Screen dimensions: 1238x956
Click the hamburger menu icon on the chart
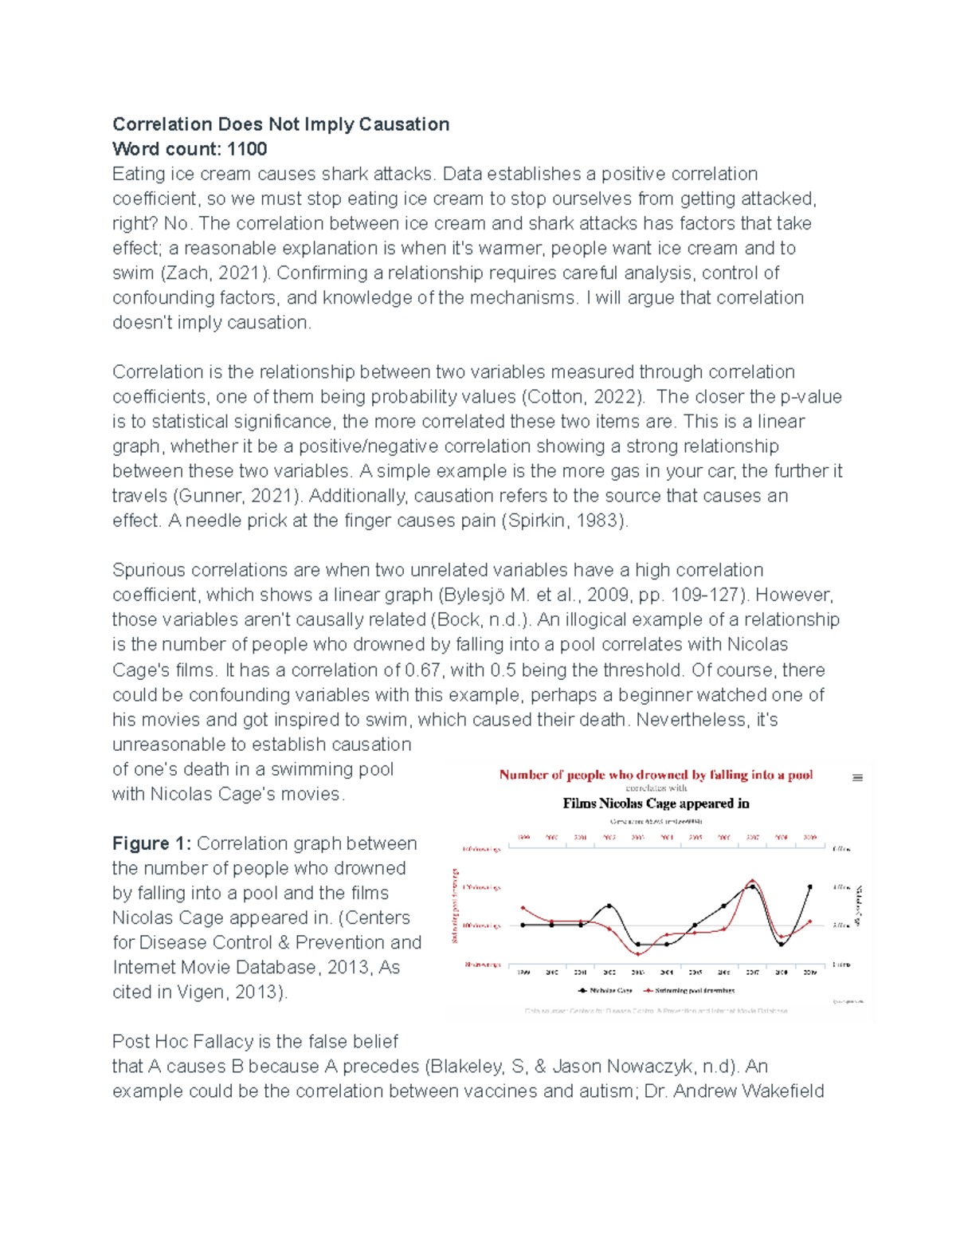pos(857,778)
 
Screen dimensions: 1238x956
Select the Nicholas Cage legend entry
pos(605,990)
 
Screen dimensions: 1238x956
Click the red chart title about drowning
pos(656,774)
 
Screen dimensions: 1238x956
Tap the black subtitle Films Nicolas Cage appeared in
pos(656,804)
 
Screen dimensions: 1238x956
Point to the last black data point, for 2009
pos(810,886)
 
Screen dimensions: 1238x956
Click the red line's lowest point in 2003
pos(638,953)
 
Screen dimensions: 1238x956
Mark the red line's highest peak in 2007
pos(753,881)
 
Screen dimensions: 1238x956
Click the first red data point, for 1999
pos(523,907)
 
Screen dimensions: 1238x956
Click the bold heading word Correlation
pos(163,124)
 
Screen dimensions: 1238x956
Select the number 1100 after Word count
pos(247,149)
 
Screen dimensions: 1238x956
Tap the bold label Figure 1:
pos(151,843)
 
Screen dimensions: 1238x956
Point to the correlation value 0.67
pos(425,670)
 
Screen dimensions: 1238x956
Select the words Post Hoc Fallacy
pos(182,1041)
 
